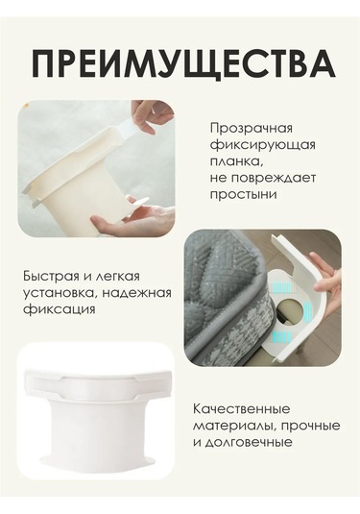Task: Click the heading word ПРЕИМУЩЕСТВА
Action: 183,63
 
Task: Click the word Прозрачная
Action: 252,128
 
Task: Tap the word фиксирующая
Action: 262,145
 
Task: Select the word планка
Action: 236,161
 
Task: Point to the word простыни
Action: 243,195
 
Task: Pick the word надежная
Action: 136,292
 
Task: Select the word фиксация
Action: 60,309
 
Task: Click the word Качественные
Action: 241,409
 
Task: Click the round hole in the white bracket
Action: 289,309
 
